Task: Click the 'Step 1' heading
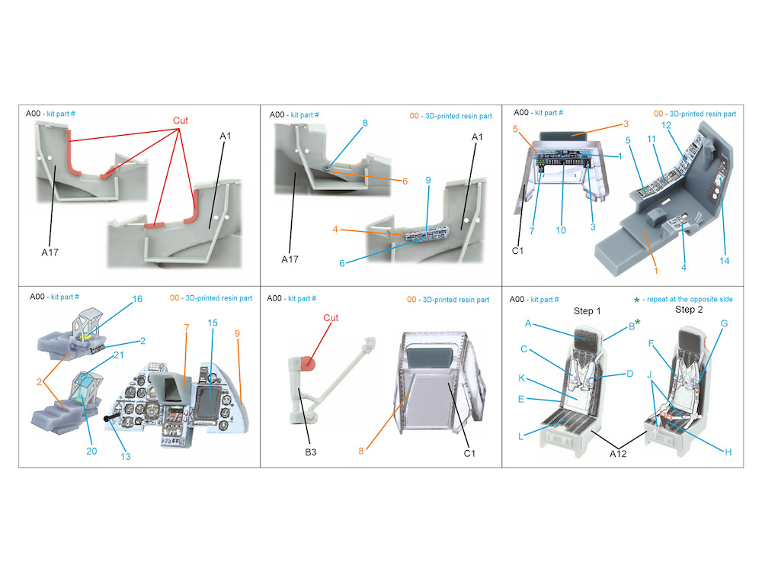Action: tap(587, 311)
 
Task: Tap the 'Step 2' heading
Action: tap(689, 310)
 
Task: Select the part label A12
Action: tap(618, 454)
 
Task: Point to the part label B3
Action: tap(311, 452)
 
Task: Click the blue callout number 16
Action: tap(137, 299)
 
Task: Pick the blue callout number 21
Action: tap(119, 355)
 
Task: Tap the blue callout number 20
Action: tap(91, 451)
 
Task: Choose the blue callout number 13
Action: tap(126, 457)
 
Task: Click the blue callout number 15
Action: tap(213, 323)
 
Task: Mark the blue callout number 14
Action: tap(724, 261)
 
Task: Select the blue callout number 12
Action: tap(666, 126)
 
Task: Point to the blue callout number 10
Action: tap(561, 230)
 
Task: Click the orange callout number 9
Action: tap(237, 334)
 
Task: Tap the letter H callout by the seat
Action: tap(728, 452)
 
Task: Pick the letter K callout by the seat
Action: tap(521, 378)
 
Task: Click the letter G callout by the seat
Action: tap(724, 323)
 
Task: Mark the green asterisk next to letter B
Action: tap(638, 323)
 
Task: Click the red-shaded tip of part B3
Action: tap(308, 362)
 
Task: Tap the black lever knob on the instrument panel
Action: tap(107, 419)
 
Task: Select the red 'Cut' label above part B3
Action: tap(331, 318)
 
